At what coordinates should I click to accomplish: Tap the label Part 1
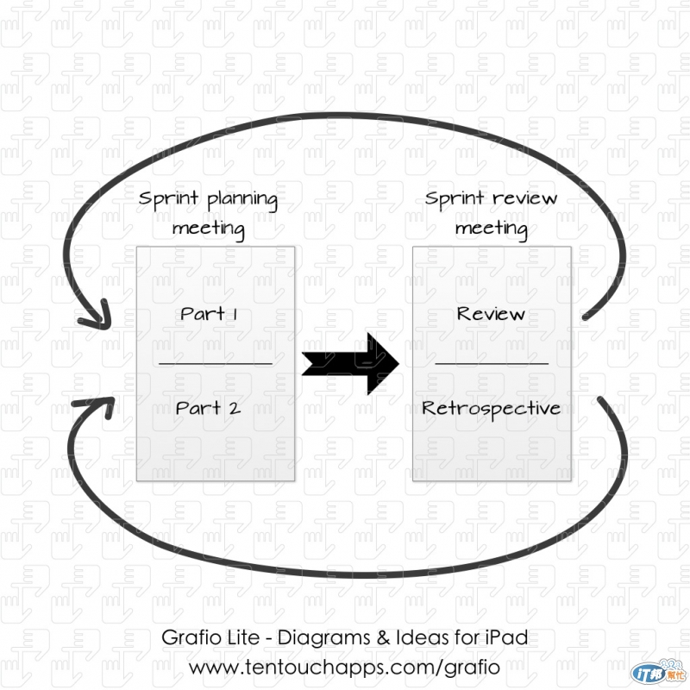click(210, 313)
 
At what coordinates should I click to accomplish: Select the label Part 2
click(208, 408)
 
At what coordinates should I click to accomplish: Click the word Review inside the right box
click(491, 313)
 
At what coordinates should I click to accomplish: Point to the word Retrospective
click(491, 408)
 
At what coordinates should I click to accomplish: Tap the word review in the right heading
click(524, 199)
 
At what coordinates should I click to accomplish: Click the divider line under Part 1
click(216, 364)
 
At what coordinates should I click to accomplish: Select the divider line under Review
click(492, 364)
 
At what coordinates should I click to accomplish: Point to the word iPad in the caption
click(505, 639)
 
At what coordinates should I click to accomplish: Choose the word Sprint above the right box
click(454, 199)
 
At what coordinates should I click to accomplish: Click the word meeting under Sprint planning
click(208, 229)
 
